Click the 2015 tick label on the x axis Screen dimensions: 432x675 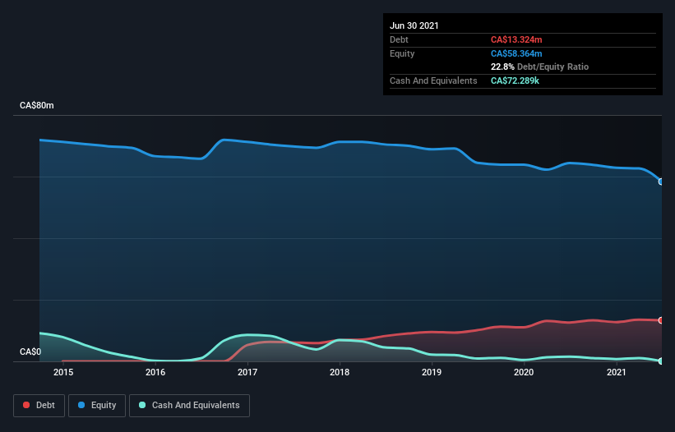tap(63, 373)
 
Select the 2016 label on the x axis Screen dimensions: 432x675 tap(155, 373)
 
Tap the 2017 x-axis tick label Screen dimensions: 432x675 tap(247, 373)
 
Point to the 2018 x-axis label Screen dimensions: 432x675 tap(340, 373)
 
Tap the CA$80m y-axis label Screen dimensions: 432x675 tap(37, 106)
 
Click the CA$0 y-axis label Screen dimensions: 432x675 tap(30, 352)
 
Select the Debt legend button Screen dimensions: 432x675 tap(39, 405)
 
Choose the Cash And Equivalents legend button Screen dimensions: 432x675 tap(189, 405)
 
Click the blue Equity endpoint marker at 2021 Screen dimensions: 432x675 tap(661, 182)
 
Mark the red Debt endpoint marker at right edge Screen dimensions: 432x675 tap(661, 320)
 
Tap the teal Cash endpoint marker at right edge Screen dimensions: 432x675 tap(661, 361)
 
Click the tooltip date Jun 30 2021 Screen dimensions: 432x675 tap(414, 25)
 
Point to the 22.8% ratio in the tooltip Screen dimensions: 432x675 tap(502, 67)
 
